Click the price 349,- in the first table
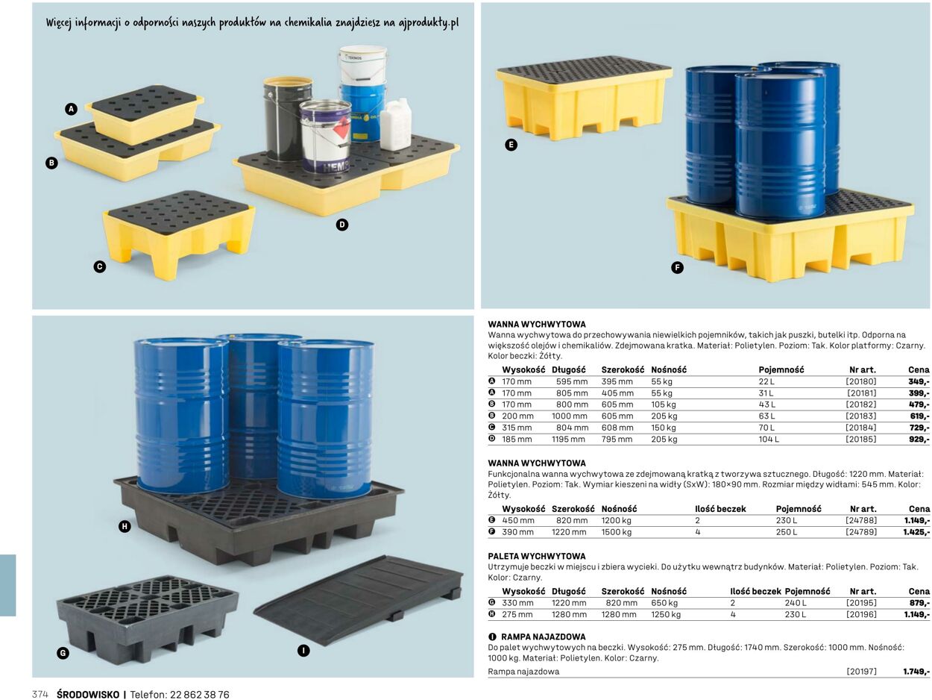coord(919,381)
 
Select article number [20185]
coord(860,439)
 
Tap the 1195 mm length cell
coord(568,439)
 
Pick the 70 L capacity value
coord(766,428)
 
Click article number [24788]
coord(860,520)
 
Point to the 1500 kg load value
coord(616,531)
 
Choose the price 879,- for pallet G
coord(919,603)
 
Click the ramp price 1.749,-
coord(916,672)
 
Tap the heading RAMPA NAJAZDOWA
coord(543,637)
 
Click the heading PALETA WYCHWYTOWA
coord(537,556)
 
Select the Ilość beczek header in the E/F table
coord(720,509)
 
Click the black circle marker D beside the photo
coord(342,225)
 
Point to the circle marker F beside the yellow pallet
coord(677,268)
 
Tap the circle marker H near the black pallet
coord(125,527)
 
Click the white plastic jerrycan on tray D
coord(396,124)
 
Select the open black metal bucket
coord(288,119)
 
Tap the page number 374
coord(40,695)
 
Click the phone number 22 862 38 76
coord(200,695)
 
